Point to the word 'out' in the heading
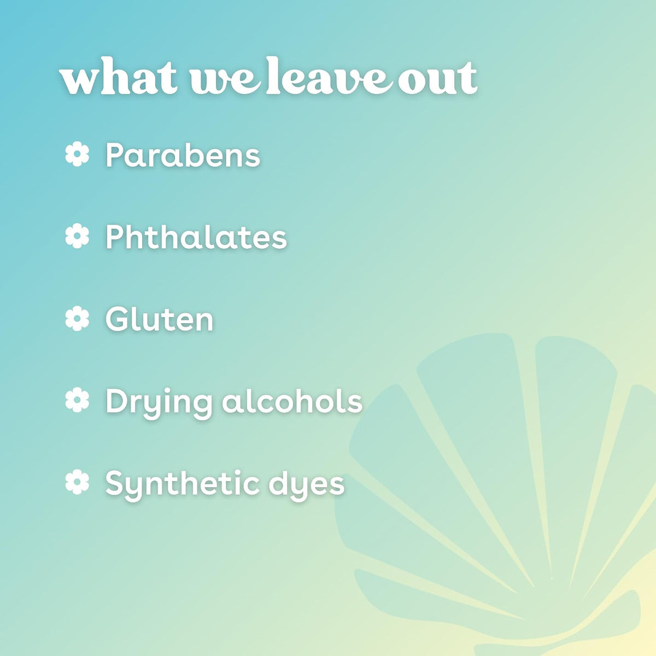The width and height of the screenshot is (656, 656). (437, 79)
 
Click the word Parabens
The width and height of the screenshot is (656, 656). (183, 155)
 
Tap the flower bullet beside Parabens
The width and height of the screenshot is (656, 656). (77, 154)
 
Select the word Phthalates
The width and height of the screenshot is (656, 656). (196, 237)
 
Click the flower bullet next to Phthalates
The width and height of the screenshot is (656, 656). (77, 236)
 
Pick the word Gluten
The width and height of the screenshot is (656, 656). (159, 319)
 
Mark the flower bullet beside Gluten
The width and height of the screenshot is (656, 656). (77, 318)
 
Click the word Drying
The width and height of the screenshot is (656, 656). (158, 403)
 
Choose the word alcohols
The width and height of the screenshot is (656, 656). (292, 401)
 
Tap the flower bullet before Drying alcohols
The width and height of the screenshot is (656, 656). (77, 400)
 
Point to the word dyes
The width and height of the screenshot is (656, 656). (307, 485)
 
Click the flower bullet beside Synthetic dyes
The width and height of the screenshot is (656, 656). (77, 482)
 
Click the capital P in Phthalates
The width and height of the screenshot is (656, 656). (116, 237)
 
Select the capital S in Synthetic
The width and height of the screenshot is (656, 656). (116, 482)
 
